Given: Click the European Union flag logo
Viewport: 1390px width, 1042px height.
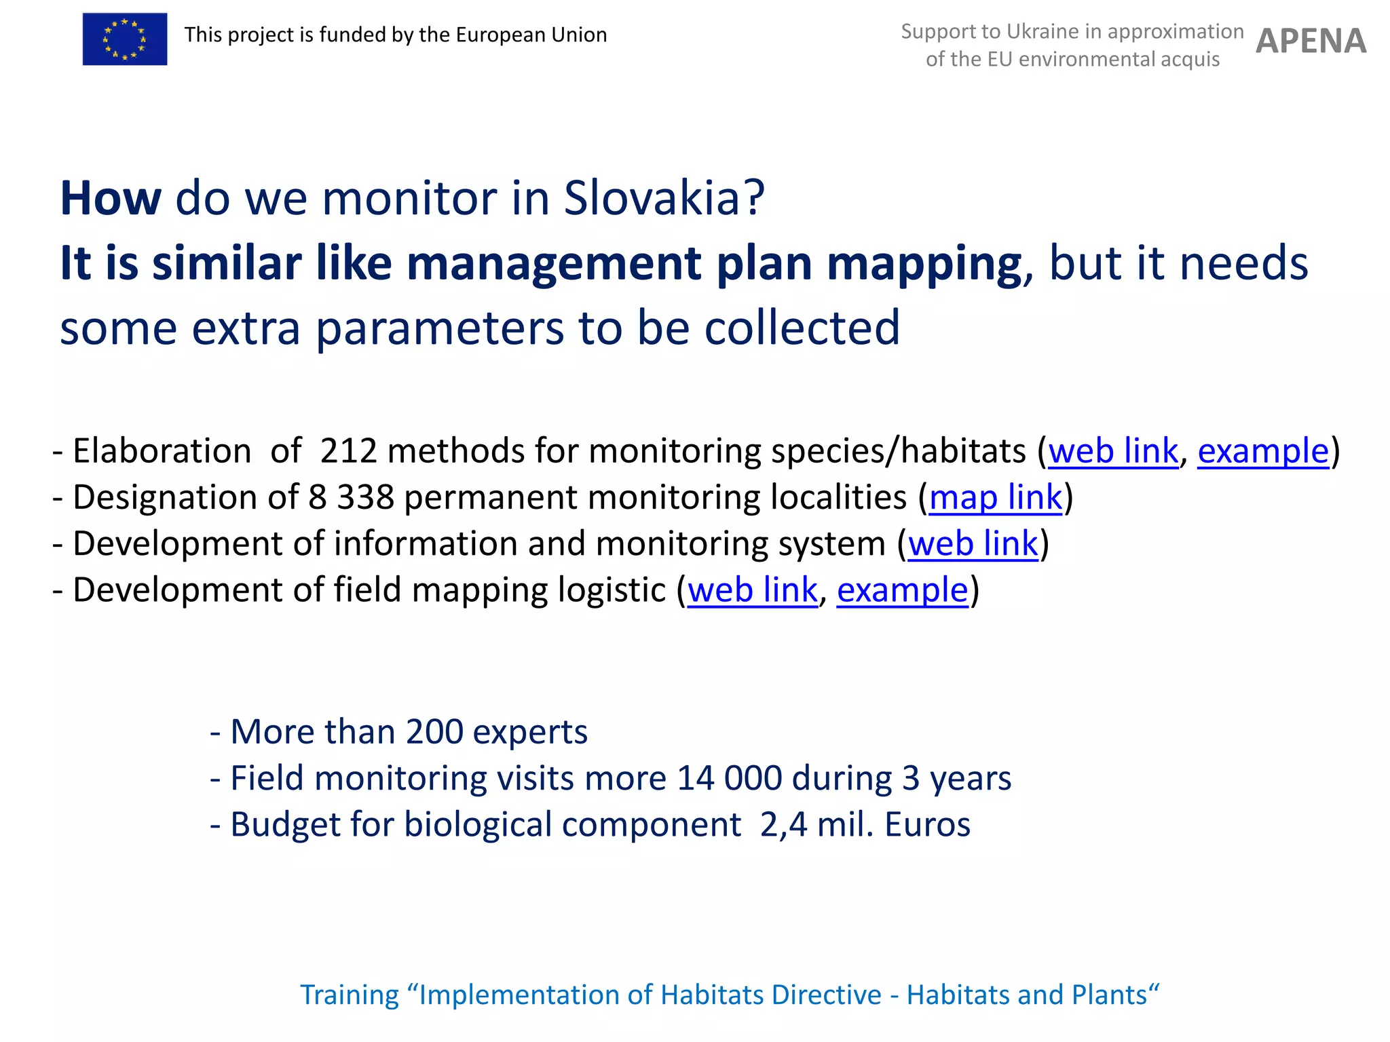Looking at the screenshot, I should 125,39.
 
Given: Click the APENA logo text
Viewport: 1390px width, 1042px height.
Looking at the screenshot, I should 1311,41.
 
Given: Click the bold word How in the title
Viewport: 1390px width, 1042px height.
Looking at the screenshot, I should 111,198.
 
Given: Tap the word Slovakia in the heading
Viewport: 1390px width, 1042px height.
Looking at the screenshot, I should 664,198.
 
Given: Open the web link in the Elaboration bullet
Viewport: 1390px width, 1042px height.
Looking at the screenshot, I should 1113,450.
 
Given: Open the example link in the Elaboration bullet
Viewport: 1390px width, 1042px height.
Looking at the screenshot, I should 1263,450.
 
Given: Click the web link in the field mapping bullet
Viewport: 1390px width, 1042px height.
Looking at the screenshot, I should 753,589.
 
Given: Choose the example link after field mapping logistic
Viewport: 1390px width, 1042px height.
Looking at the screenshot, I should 902,589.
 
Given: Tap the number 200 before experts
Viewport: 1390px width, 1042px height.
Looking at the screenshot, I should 434,731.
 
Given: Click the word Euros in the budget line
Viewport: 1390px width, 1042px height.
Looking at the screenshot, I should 928,824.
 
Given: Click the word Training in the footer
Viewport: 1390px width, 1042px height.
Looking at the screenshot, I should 350,995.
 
